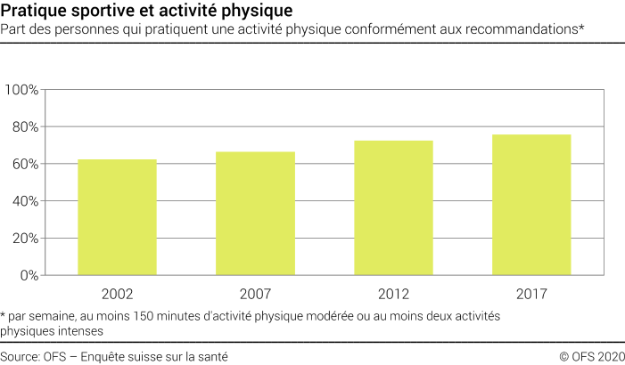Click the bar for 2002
tap(117, 217)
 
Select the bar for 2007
tap(255, 214)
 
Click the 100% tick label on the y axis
tap(21, 90)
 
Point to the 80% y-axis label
tap(25, 127)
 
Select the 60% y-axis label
tap(25, 164)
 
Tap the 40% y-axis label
tap(25, 201)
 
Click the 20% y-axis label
tap(25, 239)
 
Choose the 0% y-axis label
tap(29, 275)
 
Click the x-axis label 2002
tap(117, 293)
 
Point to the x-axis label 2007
tap(255, 293)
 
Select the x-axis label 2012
tap(393, 293)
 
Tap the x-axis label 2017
tap(531, 293)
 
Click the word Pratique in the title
tap(33, 12)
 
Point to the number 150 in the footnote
tap(144, 316)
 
